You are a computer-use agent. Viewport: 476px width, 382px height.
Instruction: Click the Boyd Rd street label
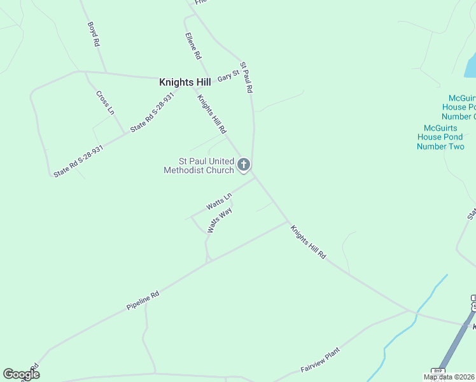(x=94, y=34)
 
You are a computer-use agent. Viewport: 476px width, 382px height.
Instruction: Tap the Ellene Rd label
(x=193, y=46)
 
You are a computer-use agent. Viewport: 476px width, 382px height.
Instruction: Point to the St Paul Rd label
(x=246, y=78)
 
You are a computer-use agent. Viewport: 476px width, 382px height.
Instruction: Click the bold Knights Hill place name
(x=185, y=82)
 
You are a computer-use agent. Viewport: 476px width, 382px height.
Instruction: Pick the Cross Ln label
(x=105, y=103)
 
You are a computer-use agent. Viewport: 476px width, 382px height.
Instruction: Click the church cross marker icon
(x=243, y=165)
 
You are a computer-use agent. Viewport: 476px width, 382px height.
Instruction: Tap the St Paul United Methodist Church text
(x=199, y=166)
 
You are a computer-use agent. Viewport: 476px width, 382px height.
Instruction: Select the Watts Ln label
(x=219, y=203)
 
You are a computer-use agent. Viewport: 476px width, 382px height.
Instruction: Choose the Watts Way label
(x=220, y=220)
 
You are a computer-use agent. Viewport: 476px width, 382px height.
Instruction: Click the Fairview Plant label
(x=320, y=360)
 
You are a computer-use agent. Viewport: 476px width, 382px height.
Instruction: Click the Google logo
(x=21, y=374)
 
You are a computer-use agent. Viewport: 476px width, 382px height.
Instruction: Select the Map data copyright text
(x=449, y=377)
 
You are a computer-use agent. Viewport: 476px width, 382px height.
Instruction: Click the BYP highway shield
(x=438, y=371)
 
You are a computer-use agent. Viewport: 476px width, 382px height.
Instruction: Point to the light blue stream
(x=407, y=325)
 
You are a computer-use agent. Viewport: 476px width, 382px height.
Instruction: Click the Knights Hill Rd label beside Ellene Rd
(x=212, y=114)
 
